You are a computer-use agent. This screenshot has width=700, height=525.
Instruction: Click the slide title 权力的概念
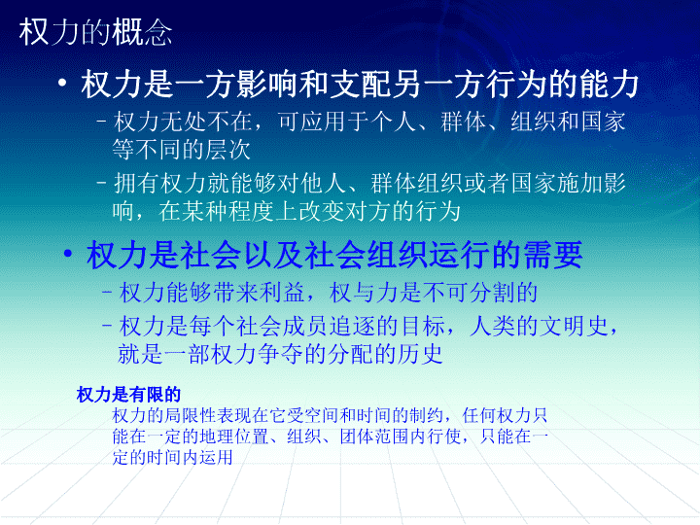[95, 33]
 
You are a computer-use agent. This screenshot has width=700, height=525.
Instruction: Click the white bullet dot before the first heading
[62, 83]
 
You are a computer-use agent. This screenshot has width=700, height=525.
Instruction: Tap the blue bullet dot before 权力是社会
[68, 254]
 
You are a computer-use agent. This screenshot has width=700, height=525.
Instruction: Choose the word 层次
[228, 150]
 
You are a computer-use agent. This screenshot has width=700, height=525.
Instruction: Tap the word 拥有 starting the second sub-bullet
[137, 183]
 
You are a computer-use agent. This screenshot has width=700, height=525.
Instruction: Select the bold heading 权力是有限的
[128, 395]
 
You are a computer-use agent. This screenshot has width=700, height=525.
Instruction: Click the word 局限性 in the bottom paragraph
[191, 415]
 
